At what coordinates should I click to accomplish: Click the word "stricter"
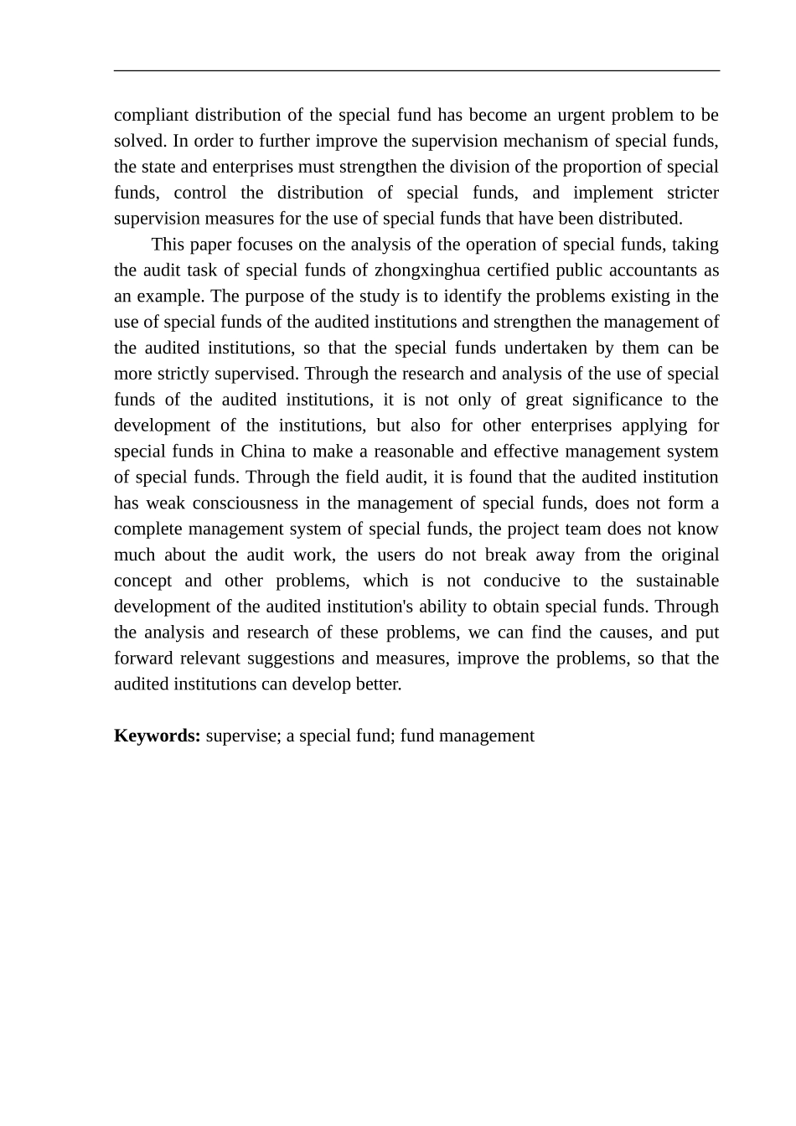692,193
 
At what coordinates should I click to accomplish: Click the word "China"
263,452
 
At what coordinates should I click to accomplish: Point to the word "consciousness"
245,504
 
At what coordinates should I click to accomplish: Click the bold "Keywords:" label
157,736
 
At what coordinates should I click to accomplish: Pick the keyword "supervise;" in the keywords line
242,736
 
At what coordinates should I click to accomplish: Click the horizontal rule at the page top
416,71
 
